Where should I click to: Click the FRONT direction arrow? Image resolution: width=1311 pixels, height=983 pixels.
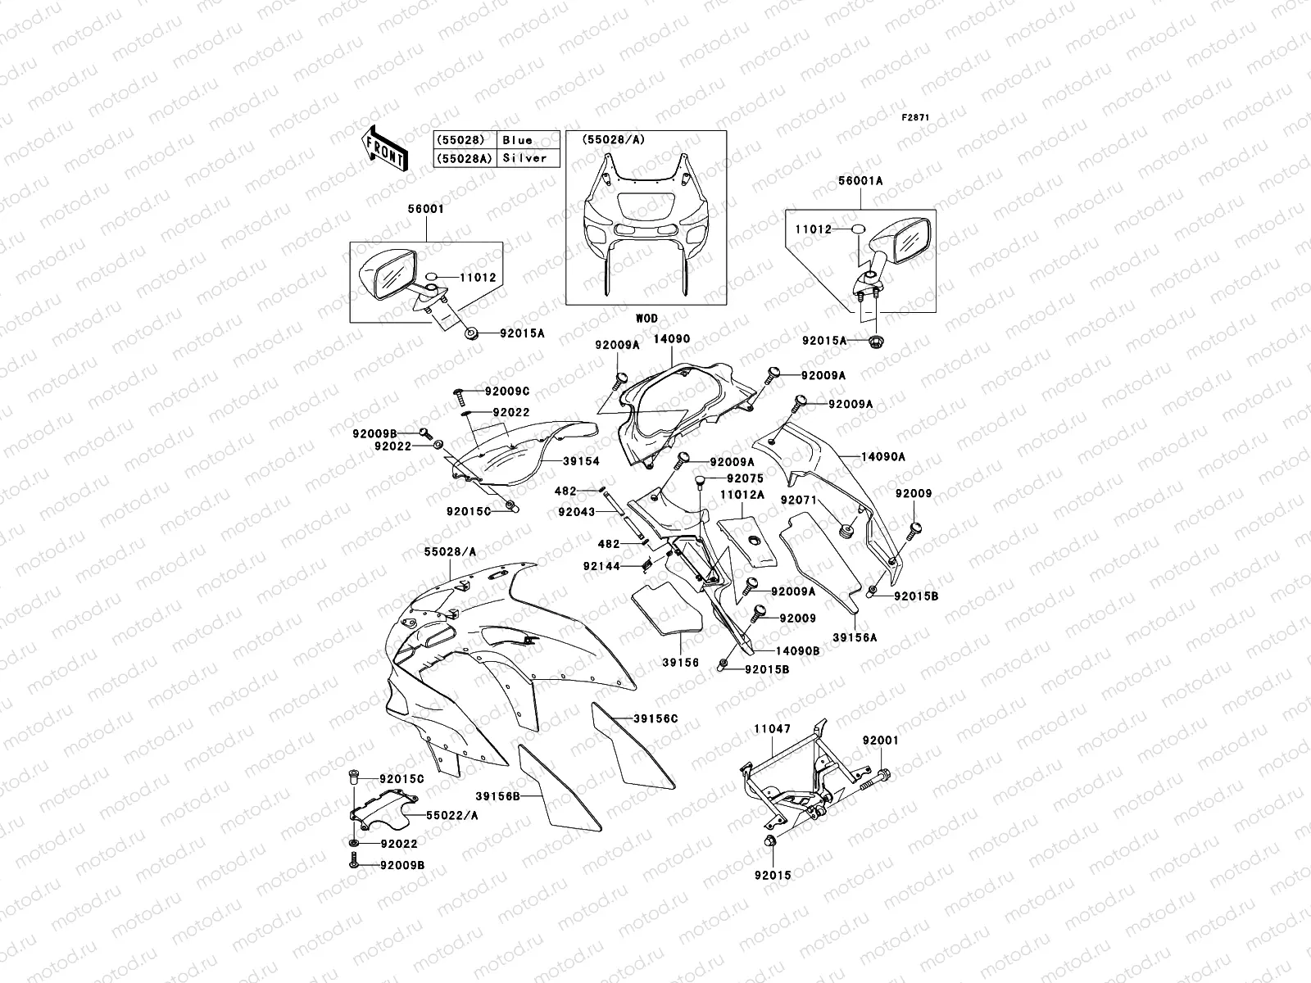pos(385,148)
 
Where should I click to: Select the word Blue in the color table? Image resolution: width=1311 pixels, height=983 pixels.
pos(518,140)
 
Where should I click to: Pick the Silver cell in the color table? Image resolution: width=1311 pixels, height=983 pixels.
pos(525,158)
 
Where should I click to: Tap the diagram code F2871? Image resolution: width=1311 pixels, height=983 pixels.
pos(916,118)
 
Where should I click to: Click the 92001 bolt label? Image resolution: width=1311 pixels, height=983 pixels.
pos(881,740)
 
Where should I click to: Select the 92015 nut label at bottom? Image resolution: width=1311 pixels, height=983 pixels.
pos(773,875)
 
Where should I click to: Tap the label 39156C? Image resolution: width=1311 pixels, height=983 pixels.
pos(655,718)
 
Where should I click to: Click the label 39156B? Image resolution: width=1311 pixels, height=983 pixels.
pos(497,795)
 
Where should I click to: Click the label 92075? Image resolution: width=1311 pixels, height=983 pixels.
pos(744,478)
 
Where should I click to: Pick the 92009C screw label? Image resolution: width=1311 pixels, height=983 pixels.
pos(507,391)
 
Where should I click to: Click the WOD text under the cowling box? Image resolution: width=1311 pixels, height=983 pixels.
pos(646,318)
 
